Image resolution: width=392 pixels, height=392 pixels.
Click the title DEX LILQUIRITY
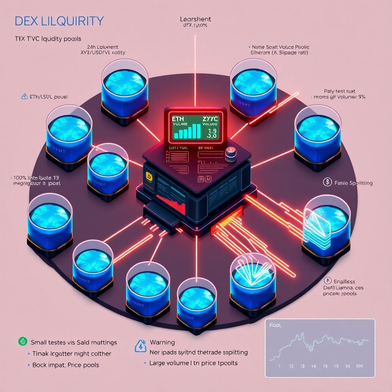pyautogui.click(x=59, y=21)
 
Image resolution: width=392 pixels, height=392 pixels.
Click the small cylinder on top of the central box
pyautogui.click(x=231, y=154)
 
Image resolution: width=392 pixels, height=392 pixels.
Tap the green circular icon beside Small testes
pyautogui.click(x=22, y=342)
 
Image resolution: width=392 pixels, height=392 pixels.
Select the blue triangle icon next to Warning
pyautogui.click(x=140, y=346)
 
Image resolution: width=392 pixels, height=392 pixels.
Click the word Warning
pyautogui.click(x=162, y=342)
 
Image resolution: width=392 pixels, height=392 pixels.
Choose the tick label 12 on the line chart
pyautogui.click(x=292, y=366)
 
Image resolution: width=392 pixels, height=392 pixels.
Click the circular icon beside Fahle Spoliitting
pyautogui.click(x=327, y=183)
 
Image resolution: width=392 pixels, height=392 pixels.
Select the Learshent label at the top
pyautogui.click(x=195, y=19)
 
